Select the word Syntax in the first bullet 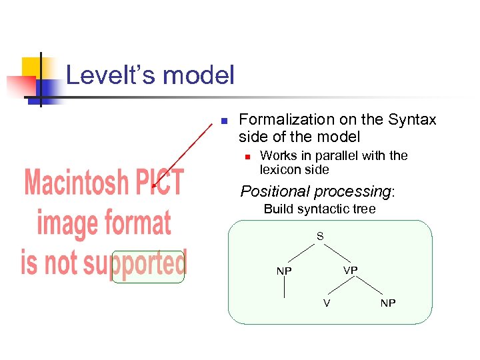point(413,120)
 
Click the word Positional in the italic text point(274,192)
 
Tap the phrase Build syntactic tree point(319,209)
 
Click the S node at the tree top point(320,237)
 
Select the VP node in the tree point(351,270)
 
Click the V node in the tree point(327,304)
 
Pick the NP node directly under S point(284,271)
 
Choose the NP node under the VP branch point(388,304)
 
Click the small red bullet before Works point(246,157)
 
